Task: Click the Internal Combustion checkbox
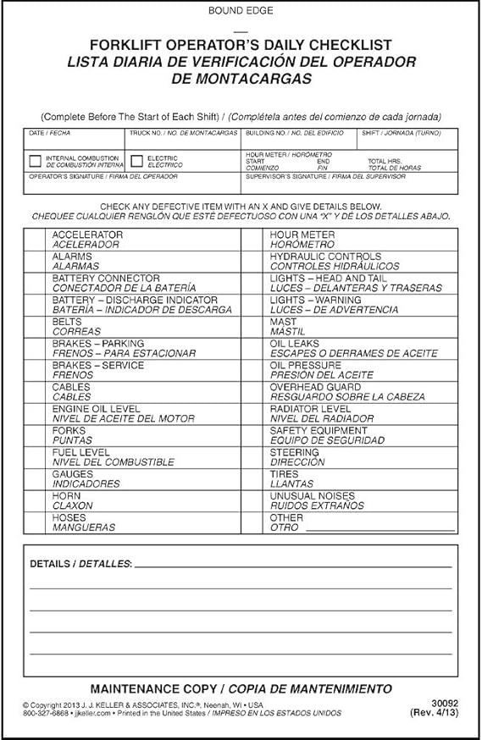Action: [x=35, y=161]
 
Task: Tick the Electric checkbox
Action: [x=136, y=161]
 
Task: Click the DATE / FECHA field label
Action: [x=47, y=134]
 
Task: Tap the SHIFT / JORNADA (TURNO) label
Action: [x=397, y=134]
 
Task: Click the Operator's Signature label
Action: [x=103, y=176]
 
